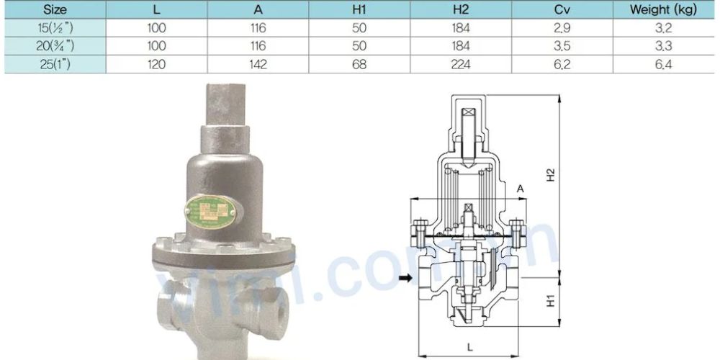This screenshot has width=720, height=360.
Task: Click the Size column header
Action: pyautogui.click(x=55, y=10)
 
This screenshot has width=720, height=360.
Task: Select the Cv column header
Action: pyautogui.click(x=562, y=10)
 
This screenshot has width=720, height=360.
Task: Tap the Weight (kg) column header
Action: pyautogui.click(x=663, y=10)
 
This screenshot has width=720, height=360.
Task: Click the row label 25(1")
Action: pyautogui.click(x=55, y=65)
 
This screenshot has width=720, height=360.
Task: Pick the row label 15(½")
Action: pyautogui.click(x=55, y=29)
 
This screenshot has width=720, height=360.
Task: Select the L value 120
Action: pyautogui.click(x=157, y=65)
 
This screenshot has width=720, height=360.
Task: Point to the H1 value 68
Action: pyautogui.click(x=359, y=65)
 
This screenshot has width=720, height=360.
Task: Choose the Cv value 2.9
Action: pyautogui.click(x=562, y=29)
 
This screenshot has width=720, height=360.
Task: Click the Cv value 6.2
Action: pyautogui.click(x=562, y=65)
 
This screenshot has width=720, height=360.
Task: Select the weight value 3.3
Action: pyautogui.click(x=663, y=47)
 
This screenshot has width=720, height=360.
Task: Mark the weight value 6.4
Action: pyautogui.click(x=663, y=65)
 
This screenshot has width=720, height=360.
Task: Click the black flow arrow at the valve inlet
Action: pyautogui.click(x=407, y=278)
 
